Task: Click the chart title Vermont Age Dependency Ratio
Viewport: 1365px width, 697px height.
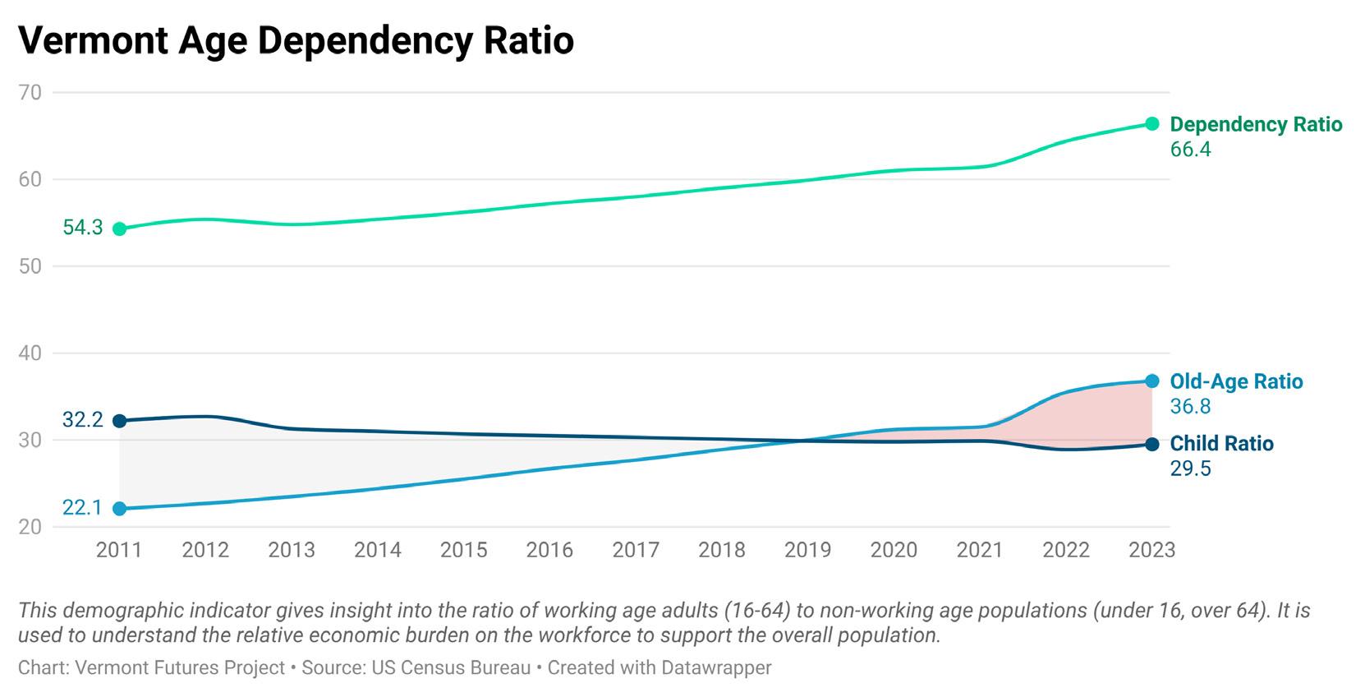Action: click(296, 39)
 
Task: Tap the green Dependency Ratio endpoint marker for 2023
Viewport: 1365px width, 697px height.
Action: click(1151, 123)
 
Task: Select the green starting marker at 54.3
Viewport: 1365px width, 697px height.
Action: click(120, 228)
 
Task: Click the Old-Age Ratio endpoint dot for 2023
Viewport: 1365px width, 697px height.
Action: click(1151, 381)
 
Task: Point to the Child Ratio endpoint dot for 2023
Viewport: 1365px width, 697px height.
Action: click(1151, 444)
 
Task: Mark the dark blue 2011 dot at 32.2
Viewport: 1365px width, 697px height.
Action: click(120, 421)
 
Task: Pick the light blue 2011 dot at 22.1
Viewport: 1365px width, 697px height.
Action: click(120, 509)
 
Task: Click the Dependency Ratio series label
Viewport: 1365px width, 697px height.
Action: click(1256, 124)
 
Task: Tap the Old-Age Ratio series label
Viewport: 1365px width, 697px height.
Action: click(1236, 381)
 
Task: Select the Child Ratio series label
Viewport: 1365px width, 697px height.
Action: click(1221, 444)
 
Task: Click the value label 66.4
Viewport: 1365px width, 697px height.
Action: click(1190, 150)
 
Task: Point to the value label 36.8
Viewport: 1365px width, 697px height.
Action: click(1190, 407)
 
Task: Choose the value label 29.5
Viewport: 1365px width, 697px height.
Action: click(1190, 469)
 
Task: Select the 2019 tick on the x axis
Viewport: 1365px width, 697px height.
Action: click(807, 550)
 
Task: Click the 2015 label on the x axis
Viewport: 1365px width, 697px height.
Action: click(463, 550)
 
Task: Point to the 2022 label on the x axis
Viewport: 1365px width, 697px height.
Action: click(1065, 550)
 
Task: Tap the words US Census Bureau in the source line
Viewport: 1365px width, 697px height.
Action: click(451, 667)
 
